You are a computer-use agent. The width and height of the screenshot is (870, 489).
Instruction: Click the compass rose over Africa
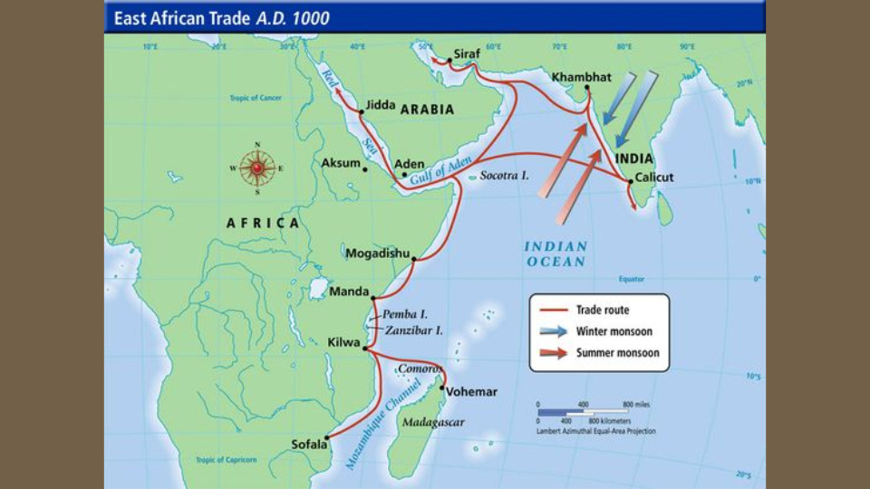point(257,168)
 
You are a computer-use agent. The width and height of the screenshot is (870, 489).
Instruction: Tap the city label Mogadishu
point(377,254)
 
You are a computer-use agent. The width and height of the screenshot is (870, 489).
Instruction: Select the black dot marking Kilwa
point(365,348)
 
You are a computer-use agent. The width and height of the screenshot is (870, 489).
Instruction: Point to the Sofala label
point(308,444)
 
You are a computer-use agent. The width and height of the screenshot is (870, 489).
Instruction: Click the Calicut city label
point(654,177)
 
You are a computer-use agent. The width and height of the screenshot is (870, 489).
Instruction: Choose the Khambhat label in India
point(582,77)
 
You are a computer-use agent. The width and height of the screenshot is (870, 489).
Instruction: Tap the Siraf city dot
point(449,61)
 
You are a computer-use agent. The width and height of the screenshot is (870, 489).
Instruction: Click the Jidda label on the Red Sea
point(381,105)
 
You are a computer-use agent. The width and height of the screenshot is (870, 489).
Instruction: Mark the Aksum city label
point(341,164)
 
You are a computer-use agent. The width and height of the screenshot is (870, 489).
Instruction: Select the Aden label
point(410,164)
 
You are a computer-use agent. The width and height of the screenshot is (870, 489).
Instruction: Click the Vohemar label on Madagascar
point(471,391)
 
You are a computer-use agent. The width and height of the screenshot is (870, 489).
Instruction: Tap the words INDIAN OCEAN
point(556,254)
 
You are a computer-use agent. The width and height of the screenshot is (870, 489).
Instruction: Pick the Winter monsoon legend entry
point(614,331)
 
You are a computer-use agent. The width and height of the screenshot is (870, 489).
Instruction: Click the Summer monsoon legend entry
point(618,352)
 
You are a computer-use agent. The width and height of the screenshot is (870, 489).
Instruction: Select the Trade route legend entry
point(602,311)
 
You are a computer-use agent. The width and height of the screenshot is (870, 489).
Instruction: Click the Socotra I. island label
point(504,175)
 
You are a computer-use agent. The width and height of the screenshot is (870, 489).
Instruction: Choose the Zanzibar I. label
point(414,331)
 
